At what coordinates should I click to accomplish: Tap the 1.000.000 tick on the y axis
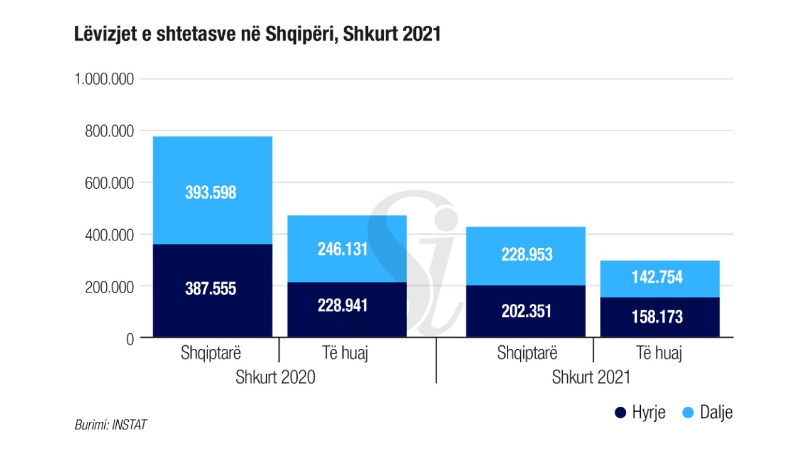104,79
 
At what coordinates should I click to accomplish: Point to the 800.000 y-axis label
109,131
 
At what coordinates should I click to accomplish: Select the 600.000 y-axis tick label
109,183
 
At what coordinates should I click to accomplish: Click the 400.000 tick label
109,235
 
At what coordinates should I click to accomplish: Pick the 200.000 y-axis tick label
109,287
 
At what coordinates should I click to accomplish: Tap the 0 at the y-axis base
130,338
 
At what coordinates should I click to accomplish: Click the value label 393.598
211,193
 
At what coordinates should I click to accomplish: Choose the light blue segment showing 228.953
526,254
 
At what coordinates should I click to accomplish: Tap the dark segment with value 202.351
526,311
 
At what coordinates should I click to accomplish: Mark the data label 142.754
657,277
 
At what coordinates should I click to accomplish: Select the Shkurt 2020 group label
275,378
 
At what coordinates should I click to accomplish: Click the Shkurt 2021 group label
591,378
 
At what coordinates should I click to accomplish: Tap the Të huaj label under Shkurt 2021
658,353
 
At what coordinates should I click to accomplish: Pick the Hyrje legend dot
621,412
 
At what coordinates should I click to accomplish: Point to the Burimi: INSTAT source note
111,425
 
